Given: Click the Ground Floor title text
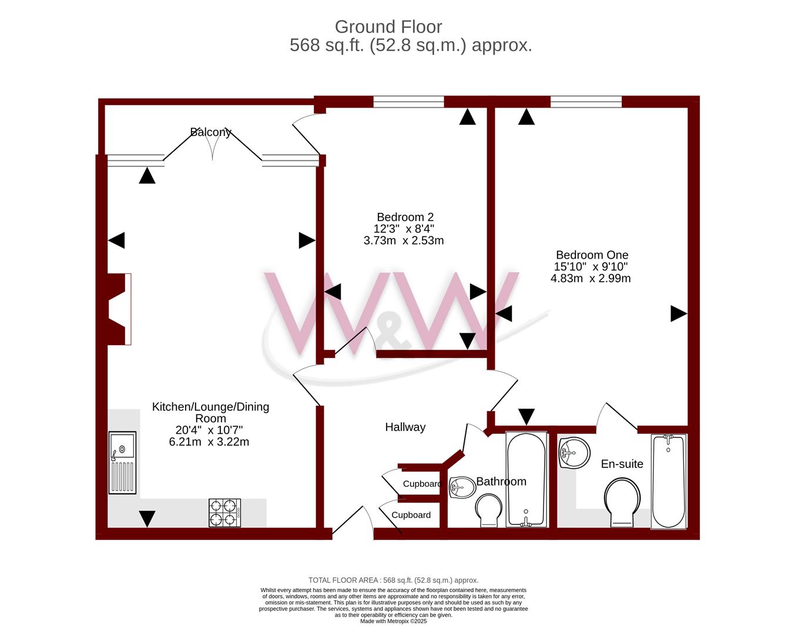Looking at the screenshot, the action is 388,27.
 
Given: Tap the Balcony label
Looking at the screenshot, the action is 210,132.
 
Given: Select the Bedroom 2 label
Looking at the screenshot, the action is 405,217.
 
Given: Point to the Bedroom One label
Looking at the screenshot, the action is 592,255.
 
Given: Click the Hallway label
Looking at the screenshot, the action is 405,427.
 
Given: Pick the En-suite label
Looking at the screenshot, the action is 622,464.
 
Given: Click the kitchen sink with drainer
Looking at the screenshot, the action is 122,463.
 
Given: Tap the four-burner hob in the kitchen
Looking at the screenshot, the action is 224,513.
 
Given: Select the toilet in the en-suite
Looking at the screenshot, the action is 622,502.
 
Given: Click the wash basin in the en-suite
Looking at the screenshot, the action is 575,453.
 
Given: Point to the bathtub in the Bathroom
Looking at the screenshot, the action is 526,479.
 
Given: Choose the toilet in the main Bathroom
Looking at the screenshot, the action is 489,510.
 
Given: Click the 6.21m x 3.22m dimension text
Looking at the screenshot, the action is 209,442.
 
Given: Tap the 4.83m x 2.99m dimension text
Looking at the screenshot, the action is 591,278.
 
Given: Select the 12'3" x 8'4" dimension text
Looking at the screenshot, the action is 404,229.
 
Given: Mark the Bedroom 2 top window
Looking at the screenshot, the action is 408,102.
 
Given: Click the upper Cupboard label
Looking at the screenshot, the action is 422,484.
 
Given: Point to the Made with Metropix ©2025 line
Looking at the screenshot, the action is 394,621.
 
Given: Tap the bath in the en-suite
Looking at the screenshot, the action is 669,482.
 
